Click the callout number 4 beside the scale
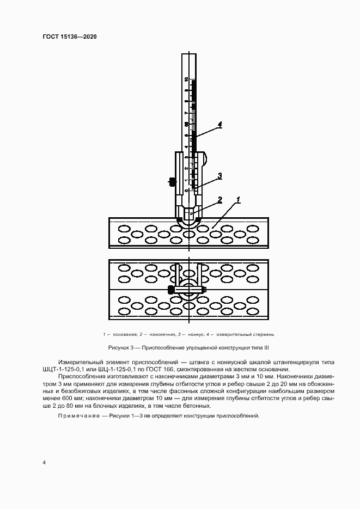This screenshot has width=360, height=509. tap(219, 125)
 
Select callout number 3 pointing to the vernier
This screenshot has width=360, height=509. tap(219, 175)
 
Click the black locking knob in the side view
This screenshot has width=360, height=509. tap(172, 181)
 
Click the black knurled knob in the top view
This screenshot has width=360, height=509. tap(172, 289)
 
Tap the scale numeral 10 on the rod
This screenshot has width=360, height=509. tap(186, 79)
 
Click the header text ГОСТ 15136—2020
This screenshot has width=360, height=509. tap(69, 37)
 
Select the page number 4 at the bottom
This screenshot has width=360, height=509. tap(44, 463)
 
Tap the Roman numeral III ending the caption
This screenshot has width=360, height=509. tap(267, 347)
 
